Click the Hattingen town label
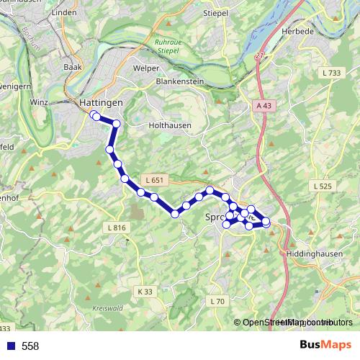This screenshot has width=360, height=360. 101,103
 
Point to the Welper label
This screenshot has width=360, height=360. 145,68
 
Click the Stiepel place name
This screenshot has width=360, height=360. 216,13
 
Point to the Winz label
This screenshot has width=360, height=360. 39,102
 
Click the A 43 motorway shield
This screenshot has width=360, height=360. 264,106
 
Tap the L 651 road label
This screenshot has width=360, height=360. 154,179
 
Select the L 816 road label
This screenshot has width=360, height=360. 116,228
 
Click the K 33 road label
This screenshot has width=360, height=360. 145,292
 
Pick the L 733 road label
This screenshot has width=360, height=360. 332,73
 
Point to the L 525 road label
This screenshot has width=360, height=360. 324,186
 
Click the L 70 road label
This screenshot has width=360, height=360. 217,300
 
